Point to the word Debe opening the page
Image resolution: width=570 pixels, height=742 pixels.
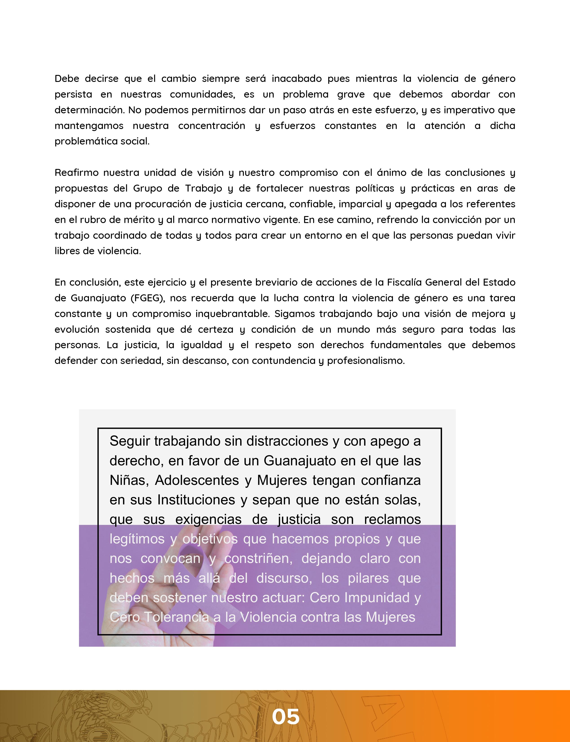point(67,79)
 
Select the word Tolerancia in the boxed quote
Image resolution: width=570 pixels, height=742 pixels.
point(176,617)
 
